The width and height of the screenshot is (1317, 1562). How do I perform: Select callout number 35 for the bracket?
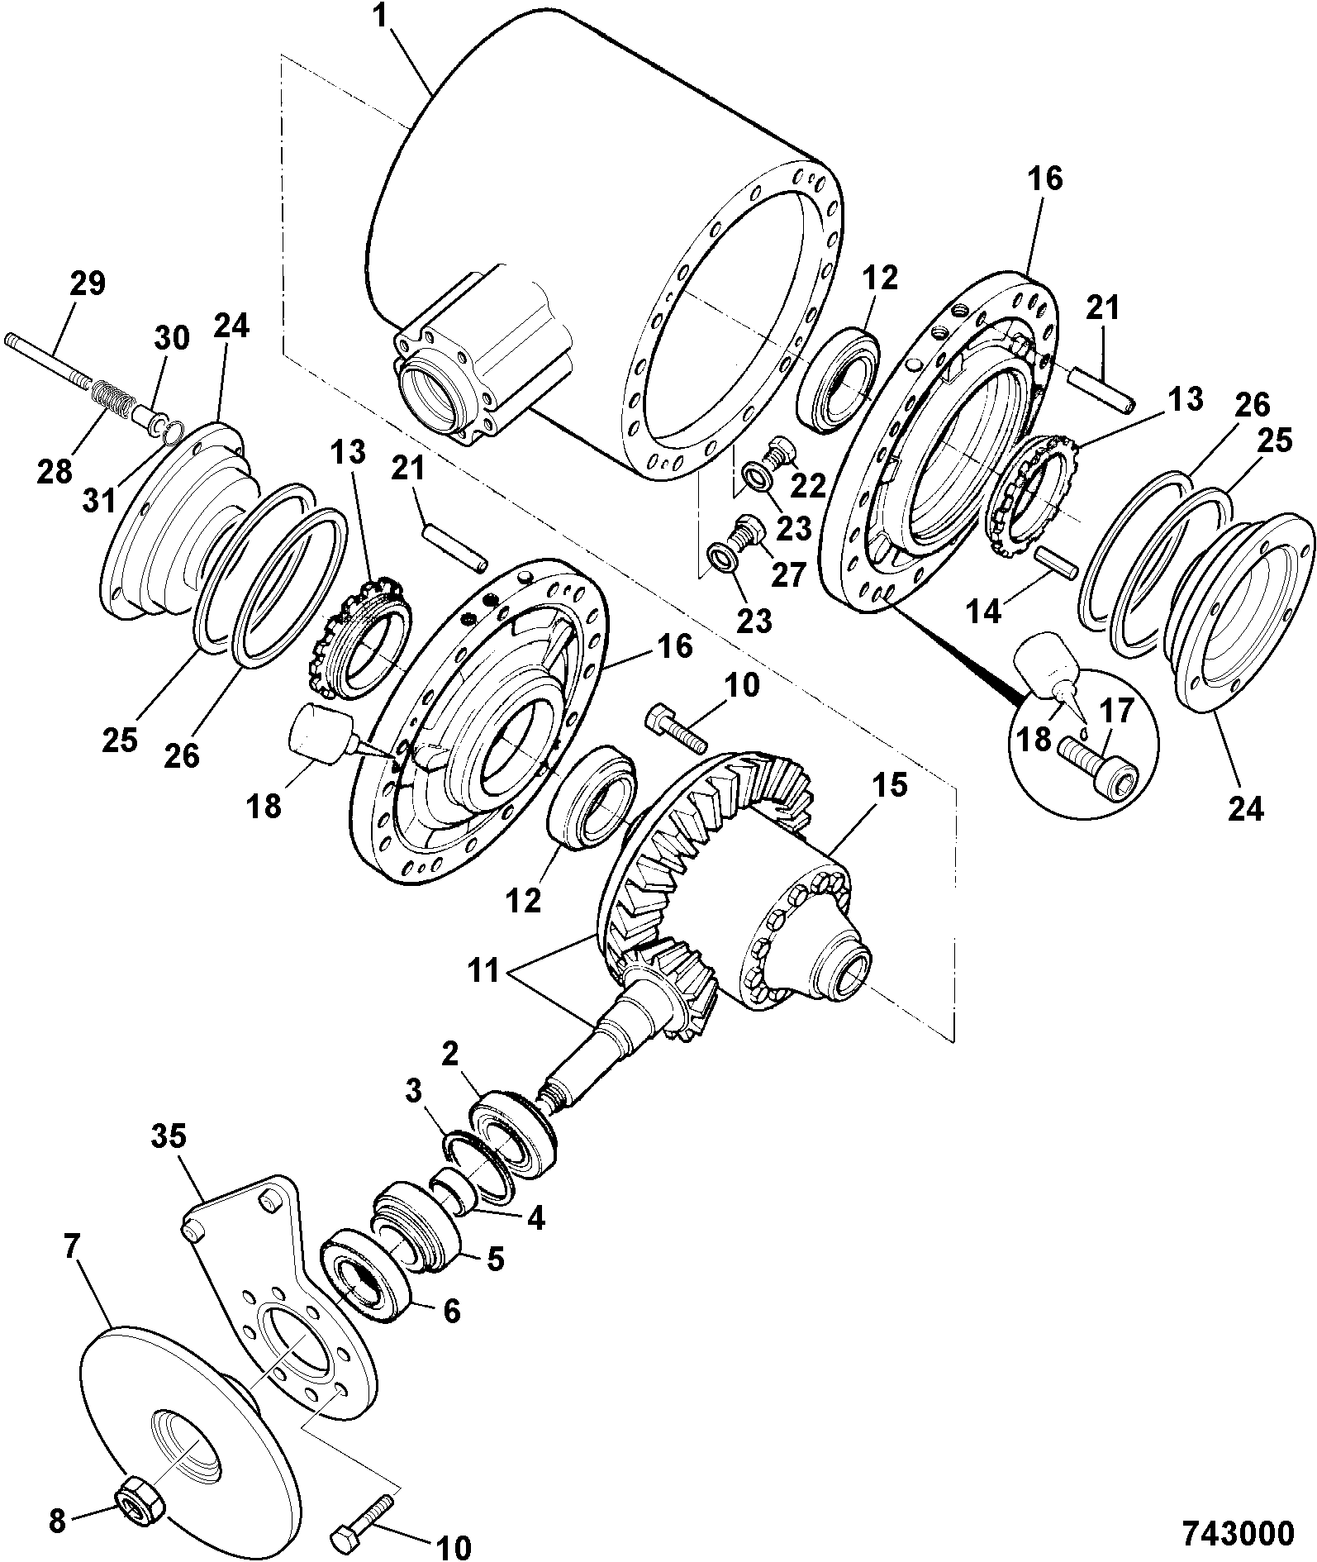(x=169, y=1139)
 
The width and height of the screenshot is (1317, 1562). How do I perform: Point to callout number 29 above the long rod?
(x=87, y=284)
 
